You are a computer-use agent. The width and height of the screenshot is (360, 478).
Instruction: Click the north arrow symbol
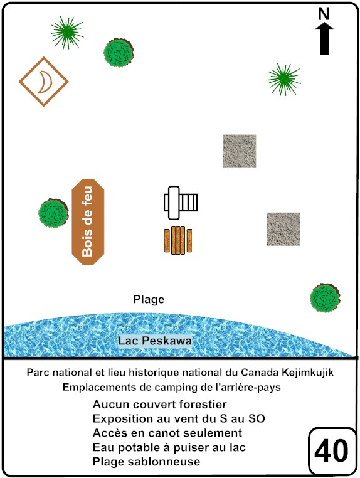click(x=324, y=40)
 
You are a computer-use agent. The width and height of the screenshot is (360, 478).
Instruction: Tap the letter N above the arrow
click(x=324, y=14)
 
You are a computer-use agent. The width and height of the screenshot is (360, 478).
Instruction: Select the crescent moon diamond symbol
click(x=44, y=82)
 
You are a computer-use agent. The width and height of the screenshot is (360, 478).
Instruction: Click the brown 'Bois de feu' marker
click(x=88, y=221)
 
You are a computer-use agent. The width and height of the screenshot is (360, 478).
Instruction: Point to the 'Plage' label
click(x=149, y=299)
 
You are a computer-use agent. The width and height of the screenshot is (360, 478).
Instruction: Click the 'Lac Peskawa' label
click(x=155, y=341)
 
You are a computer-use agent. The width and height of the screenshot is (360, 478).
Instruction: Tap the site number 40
click(x=331, y=451)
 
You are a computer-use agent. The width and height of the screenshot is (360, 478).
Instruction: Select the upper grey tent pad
click(x=240, y=151)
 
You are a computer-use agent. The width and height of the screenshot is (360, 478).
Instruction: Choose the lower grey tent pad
click(x=283, y=229)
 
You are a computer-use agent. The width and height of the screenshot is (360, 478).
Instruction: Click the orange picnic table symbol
click(x=178, y=240)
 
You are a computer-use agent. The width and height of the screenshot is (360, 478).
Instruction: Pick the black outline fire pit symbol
click(x=181, y=203)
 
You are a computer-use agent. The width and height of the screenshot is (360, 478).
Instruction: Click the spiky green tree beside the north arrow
click(x=284, y=79)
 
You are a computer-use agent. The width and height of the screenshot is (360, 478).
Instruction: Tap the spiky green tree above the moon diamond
click(x=67, y=33)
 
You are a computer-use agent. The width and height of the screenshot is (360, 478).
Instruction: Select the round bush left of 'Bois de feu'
click(x=54, y=213)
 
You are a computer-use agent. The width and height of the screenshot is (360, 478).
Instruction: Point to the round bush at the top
click(x=119, y=53)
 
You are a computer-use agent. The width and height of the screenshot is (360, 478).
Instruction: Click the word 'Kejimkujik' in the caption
click(x=307, y=373)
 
